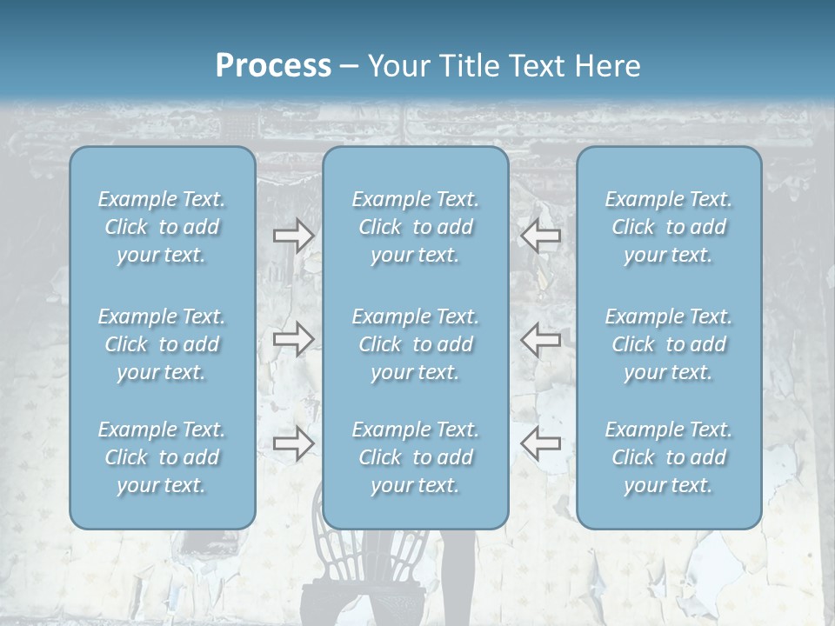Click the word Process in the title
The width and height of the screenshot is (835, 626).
pyautogui.click(x=273, y=65)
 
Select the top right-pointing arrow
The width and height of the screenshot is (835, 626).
pyautogui.click(x=293, y=236)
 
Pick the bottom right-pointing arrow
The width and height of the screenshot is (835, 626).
pyautogui.click(x=293, y=443)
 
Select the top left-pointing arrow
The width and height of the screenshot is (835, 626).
pyautogui.click(x=541, y=236)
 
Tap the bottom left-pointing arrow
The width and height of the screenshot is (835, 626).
pyautogui.click(x=541, y=443)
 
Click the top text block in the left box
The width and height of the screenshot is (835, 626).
pyautogui.click(x=162, y=227)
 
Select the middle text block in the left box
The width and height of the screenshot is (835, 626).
pyautogui.click(x=162, y=344)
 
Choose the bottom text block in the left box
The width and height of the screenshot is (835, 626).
pyautogui.click(x=162, y=457)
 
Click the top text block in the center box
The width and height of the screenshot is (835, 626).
pyautogui.click(x=416, y=227)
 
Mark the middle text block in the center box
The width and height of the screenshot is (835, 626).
pyautogui.click(x=416, y=344)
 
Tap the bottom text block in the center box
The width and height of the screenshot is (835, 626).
pyautogui.click(x=416, y=457)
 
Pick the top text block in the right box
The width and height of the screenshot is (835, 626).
pyautogui.click(x=669, y=227)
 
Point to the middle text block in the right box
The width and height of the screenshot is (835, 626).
pyautogui.click(x=669, y=344)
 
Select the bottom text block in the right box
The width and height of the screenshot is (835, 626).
pyautogui.click(x=669, y=457)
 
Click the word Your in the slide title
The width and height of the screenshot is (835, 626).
pyautogui.click(x=396, y=65)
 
